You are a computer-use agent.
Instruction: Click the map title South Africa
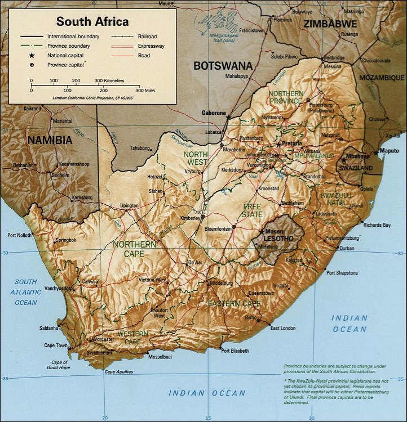point(92,22)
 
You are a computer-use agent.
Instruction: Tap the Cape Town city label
point(56,345)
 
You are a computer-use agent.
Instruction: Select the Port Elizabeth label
point(235,351)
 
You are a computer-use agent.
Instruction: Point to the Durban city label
point(347,248)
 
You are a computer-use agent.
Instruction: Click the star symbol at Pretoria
point(277,144)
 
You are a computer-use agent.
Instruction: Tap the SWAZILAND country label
point(354,168)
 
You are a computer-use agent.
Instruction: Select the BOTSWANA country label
point(223,66)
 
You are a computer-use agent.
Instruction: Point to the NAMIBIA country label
point(50,141)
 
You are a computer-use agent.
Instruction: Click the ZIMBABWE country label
point(330,24)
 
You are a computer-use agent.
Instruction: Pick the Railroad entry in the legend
point(147,36)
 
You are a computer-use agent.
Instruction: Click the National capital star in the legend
point(32,56)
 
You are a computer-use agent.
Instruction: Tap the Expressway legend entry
point(151,46)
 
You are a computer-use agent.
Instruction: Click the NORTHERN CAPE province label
point(135,249)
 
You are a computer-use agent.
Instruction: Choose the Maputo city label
point(389,151)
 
